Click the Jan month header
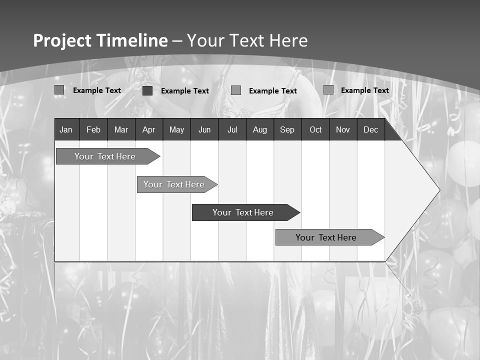click(x=66, y=129)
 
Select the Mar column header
click(x=121, y=129)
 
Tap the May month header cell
click(x=176, y=129)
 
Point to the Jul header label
click(x=232, y=129)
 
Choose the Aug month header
click(x=259, y=129)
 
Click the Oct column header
click(x=315, y=129)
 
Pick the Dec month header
click(x=370, y=129)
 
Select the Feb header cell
click(x=93, y=129)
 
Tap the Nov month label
click(x=343, y=129)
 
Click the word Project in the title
click(x=62, y=40)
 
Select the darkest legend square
click(x=147, y=90)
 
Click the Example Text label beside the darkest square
click(x=184, y=91)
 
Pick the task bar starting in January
click(x=105, y=156)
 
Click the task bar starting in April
click(x=174, y=184)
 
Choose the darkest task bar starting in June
click(x=243, y=212)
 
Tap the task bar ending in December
click(x=326, y=237)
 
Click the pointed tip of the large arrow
click(x=439, y=190)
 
